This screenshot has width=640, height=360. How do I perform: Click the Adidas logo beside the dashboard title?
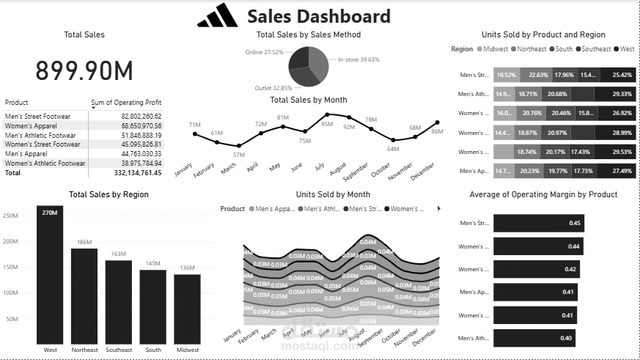pos(218,16)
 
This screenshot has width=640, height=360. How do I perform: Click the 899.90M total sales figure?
pos(84,70)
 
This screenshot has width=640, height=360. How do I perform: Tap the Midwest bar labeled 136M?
pos(187,308)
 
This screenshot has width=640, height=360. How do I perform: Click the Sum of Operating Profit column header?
pos(126,103)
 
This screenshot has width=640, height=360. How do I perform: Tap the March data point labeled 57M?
pos(239,146)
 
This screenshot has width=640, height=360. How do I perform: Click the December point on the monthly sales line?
pos(438,122)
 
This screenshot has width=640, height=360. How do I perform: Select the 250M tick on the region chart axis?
pos(11,216)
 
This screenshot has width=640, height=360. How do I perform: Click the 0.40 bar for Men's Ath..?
pos(534,338)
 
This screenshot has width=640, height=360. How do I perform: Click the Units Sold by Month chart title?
pos(333,194)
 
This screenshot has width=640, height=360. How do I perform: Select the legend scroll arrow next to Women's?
pos(438,209)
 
